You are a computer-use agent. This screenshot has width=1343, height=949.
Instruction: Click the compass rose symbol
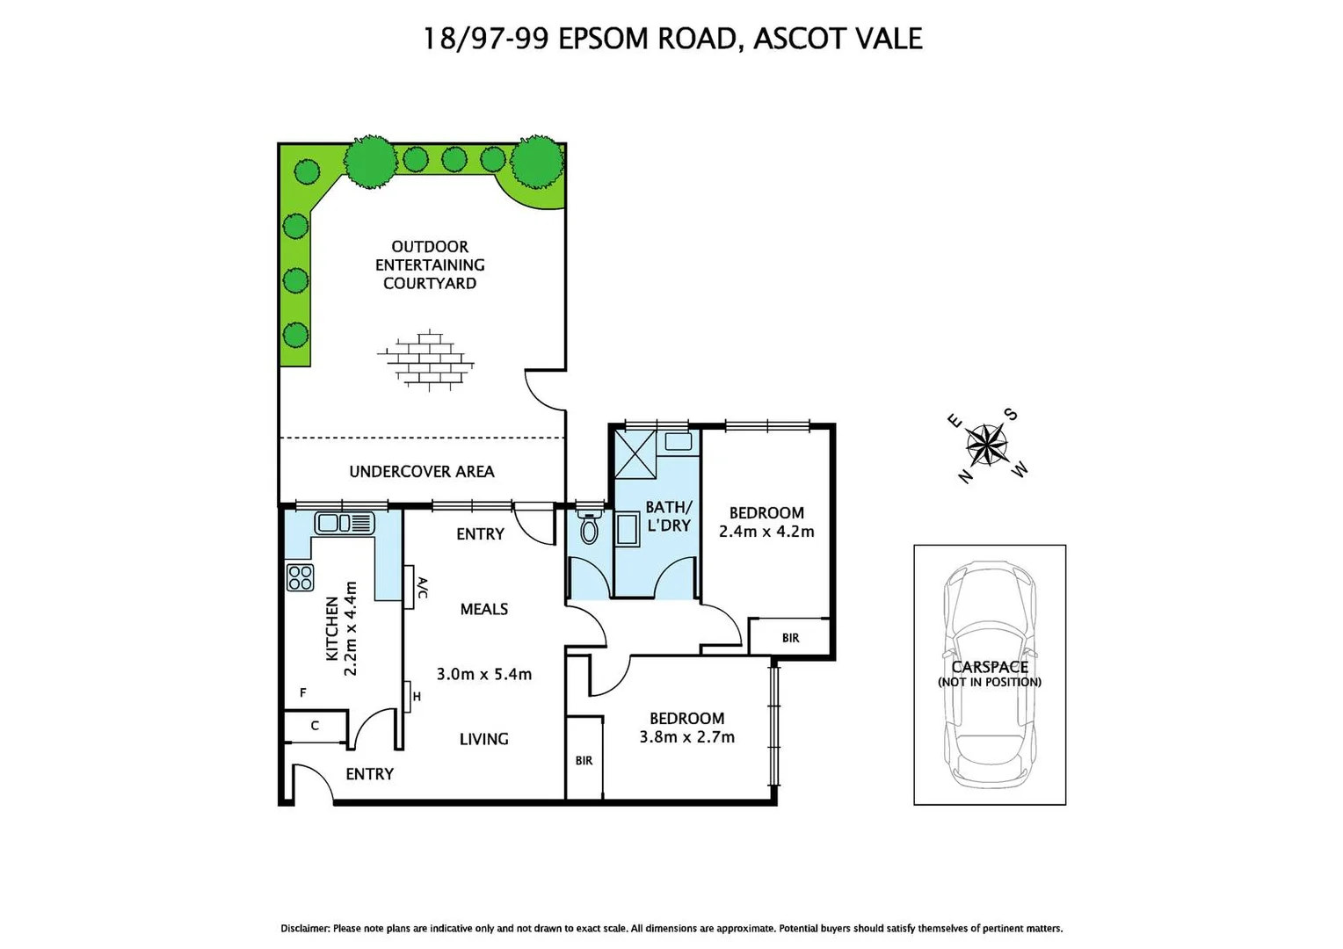click(x=987, y=445)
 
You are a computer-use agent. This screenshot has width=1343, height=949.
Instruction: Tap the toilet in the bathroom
click(x=589, y=528)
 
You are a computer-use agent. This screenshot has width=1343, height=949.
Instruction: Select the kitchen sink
click(x=344, y=523)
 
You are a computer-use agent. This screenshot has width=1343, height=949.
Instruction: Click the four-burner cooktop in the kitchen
click(x=300, y=577)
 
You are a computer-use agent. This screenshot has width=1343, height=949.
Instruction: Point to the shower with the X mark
click(x=635, y=454)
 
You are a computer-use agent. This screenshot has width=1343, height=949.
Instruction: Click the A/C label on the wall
click(x=422, y=587)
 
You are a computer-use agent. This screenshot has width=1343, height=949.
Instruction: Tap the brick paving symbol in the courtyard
click(x=426, y=359)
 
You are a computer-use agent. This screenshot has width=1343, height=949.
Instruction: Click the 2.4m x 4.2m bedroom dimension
click(x=766, y=532)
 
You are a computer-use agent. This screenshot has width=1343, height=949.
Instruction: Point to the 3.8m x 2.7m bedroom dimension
click(x=686, y=737)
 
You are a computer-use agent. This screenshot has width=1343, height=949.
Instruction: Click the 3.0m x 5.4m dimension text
click(x=483, y=674)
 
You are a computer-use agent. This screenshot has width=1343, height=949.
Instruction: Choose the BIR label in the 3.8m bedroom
click(x=584, y=760)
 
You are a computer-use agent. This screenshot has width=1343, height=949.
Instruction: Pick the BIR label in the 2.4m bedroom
click(x=790, y=638)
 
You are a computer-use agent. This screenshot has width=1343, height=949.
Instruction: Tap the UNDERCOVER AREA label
click(x=422, y=472)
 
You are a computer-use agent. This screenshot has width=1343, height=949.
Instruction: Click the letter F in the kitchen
click(x=303, y=693)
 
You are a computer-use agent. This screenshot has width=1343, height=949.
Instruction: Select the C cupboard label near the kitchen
click(x=315, y=726)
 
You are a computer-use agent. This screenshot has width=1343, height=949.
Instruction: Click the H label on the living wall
click(x=417, y=697)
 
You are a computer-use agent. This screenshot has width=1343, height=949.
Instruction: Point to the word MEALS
click(x=483, y=609)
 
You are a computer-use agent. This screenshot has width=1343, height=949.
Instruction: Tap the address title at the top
click(x=672, y=39)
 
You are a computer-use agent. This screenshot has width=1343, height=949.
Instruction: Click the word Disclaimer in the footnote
click(x=304, y=929)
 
